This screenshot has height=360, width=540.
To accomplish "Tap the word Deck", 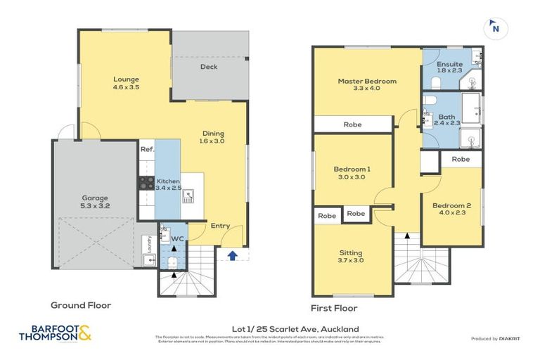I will point(209,67).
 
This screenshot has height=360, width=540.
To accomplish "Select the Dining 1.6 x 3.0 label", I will point(214,136).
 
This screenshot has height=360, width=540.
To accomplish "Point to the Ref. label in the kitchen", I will point(146,150).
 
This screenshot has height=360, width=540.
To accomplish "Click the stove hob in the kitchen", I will point(147,183).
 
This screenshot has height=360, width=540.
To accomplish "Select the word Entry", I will point(220,226).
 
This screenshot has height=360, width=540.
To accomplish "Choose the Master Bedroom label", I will point(366,84).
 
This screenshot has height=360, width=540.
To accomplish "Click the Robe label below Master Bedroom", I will point(352,124).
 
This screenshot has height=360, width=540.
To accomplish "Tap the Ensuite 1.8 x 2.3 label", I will point(449,67).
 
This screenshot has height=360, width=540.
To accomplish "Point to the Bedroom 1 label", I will point(352,173).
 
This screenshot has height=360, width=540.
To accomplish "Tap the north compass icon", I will point(495,28).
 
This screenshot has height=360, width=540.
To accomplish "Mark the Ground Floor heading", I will point(81,306).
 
